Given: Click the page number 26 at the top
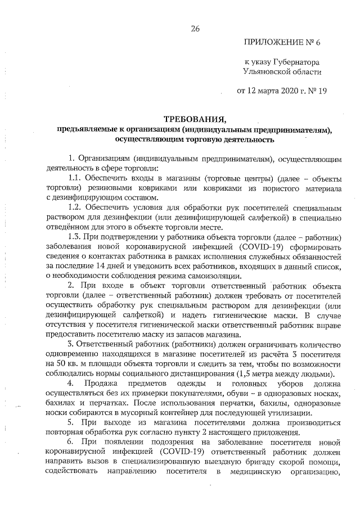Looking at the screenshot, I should coord(196,29).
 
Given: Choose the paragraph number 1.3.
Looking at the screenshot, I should coord(74,236).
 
